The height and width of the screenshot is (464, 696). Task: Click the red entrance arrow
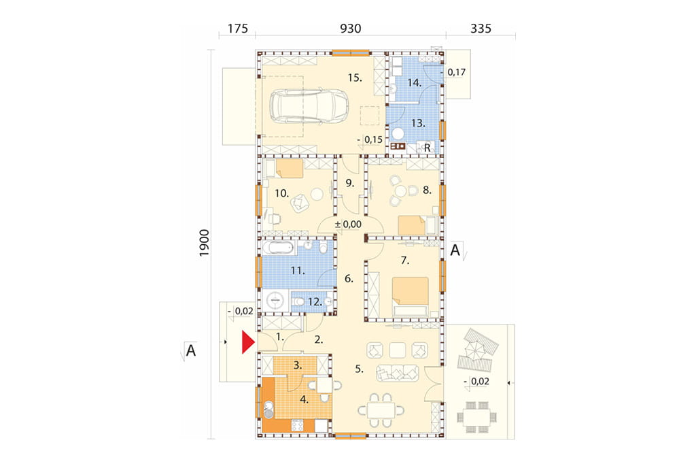[247, 342]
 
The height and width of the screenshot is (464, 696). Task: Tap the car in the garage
[309, 107]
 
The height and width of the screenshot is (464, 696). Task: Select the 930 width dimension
[350, 29]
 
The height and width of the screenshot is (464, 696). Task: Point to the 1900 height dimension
[204, 243]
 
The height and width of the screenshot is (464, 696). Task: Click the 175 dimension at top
[237, 29]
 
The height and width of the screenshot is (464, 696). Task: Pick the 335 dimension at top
[481, 29]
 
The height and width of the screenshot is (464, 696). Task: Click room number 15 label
[355, 78]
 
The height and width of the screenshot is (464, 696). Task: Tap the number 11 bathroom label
[298, 270]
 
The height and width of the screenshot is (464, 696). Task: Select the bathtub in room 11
[278, 248]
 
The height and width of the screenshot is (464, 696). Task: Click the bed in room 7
[410, 296]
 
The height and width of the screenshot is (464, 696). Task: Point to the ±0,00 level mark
[348, 225]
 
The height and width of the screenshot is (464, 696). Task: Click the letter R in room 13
[428, 148]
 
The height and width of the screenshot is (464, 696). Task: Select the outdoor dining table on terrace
[476, 417]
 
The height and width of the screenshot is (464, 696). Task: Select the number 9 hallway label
[350, 182]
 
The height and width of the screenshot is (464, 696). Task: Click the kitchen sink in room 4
[268, 410]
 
